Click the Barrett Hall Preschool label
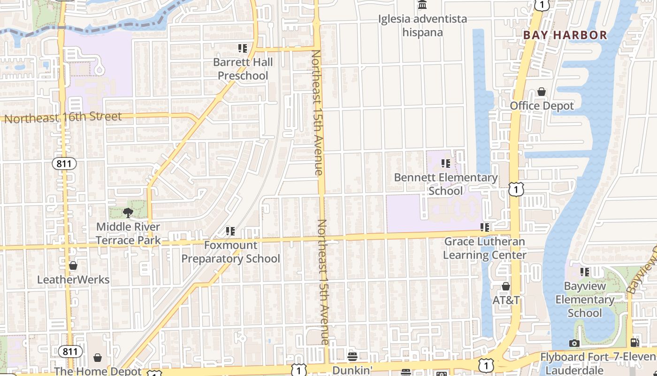[243, 69]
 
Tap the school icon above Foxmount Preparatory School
[230, 231]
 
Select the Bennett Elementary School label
[445, 184]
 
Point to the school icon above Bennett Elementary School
[445, 163]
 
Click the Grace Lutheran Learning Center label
[484, 248]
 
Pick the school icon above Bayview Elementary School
[584, 272]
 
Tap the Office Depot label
[542, 106]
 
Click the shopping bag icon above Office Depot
[542, 92]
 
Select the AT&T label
[506, 300]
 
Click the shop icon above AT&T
[506, 286]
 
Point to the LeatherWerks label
[73, 280]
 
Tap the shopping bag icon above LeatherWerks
[73, 266]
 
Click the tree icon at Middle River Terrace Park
[128, 213]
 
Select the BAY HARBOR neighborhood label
[565, 35]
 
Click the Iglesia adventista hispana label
[423, 26]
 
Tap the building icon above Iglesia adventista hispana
[422, 5]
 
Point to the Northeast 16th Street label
[63, 117]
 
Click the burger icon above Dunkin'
[352, 357]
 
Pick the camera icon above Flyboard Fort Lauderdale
[574, 343]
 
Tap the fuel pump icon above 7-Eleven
[634, 343]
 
